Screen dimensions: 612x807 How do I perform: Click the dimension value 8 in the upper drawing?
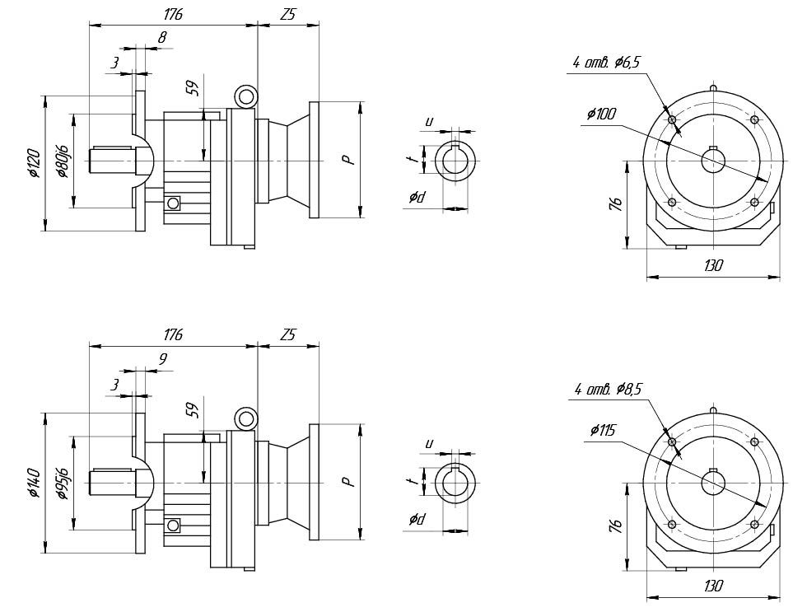pyautogui.click(x=161, y=37)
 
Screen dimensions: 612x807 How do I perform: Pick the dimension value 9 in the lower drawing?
pyautogui.click(x=162, y=359)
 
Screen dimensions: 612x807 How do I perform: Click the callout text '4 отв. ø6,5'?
pyautogui.click(x=607, y=63)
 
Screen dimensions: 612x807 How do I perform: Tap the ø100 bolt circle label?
pyautogui.click(x=602, y=114)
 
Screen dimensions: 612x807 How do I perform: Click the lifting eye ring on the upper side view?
pyautogui.click(x=245, y=96)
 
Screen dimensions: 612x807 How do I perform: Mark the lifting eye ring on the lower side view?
pyautogui.click(x=245, y=418)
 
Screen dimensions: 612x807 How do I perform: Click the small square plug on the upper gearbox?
pyautogui.click(x=173, y=203)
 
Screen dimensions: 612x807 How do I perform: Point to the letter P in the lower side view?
pyautogui.click(x=350, y=480)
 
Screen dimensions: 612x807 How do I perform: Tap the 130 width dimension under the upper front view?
pyautogui.click(x=712, y=265)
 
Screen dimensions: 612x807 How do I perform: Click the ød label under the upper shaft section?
pyautogui.click(x=417, y=197)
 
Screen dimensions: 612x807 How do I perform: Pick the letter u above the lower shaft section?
pyautogui.click(x=428, y=443)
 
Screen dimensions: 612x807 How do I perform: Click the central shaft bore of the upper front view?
pyautogui.click(x=713, y=161)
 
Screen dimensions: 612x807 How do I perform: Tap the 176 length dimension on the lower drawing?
pyautogui.click(x=173, y=335)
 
